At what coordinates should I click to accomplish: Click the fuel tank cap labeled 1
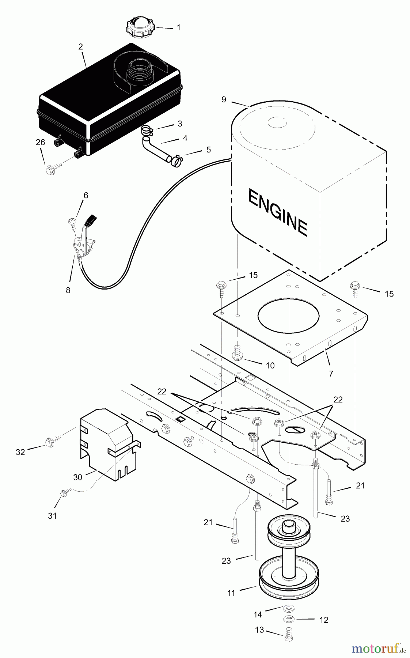coord(140,27)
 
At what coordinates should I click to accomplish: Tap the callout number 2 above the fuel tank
coord(80,47)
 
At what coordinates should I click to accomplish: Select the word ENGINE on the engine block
coord(277,212)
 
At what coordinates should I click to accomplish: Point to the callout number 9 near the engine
coord(224,99)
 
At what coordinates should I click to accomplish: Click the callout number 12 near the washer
coord(323,620)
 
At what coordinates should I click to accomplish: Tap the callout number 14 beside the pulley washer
coord(258,614)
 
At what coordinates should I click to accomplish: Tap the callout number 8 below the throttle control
coord(68,291)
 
